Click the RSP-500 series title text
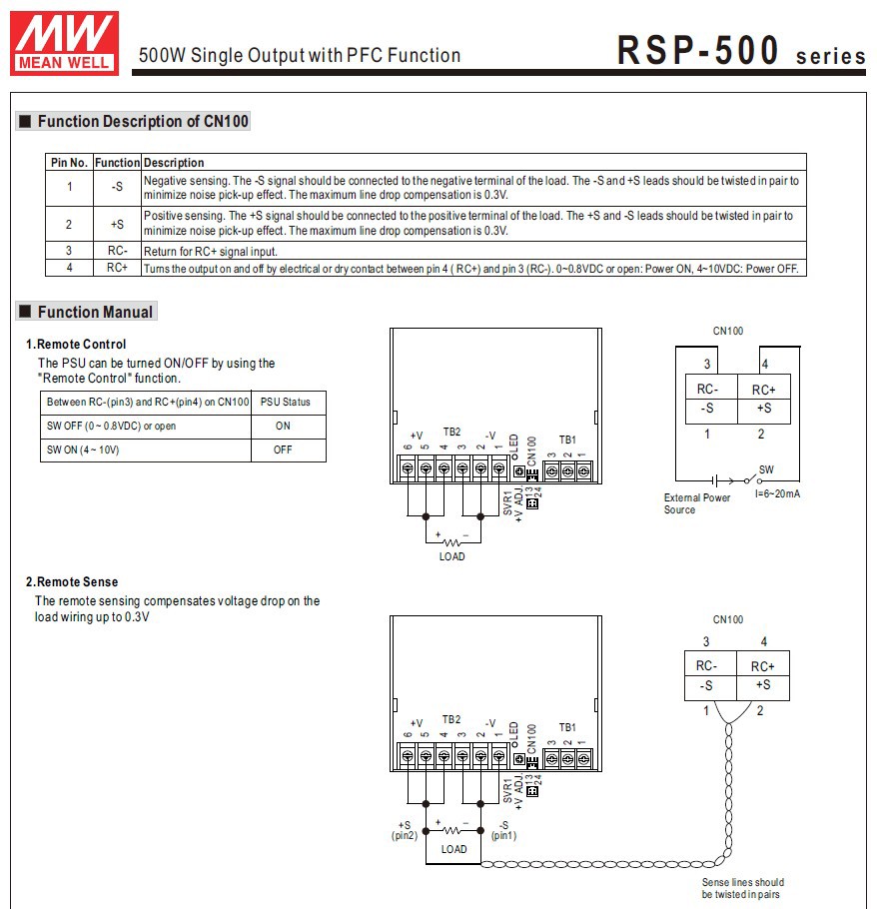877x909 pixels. point(740,52)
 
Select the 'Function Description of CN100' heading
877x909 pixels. point(143,122)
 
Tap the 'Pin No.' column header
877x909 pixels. point(70,163)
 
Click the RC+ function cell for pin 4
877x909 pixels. point(117,268)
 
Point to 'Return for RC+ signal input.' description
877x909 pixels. point(211,252)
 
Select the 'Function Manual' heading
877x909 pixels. point(95,313)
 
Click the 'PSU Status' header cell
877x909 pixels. point(286,403)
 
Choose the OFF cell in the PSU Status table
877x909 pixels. point(284,451)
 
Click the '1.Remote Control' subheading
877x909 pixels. point(76,345)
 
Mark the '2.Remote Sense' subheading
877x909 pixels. point(72,582)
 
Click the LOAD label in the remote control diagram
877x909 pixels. point(452,556)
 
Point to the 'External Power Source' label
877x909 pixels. point(697,503)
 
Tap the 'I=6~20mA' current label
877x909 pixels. point(777,494)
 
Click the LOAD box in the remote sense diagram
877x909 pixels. point(453,848)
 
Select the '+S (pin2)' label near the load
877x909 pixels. point(405,830)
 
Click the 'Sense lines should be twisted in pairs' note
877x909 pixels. point(742,888)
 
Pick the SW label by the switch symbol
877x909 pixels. point(766,469)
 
